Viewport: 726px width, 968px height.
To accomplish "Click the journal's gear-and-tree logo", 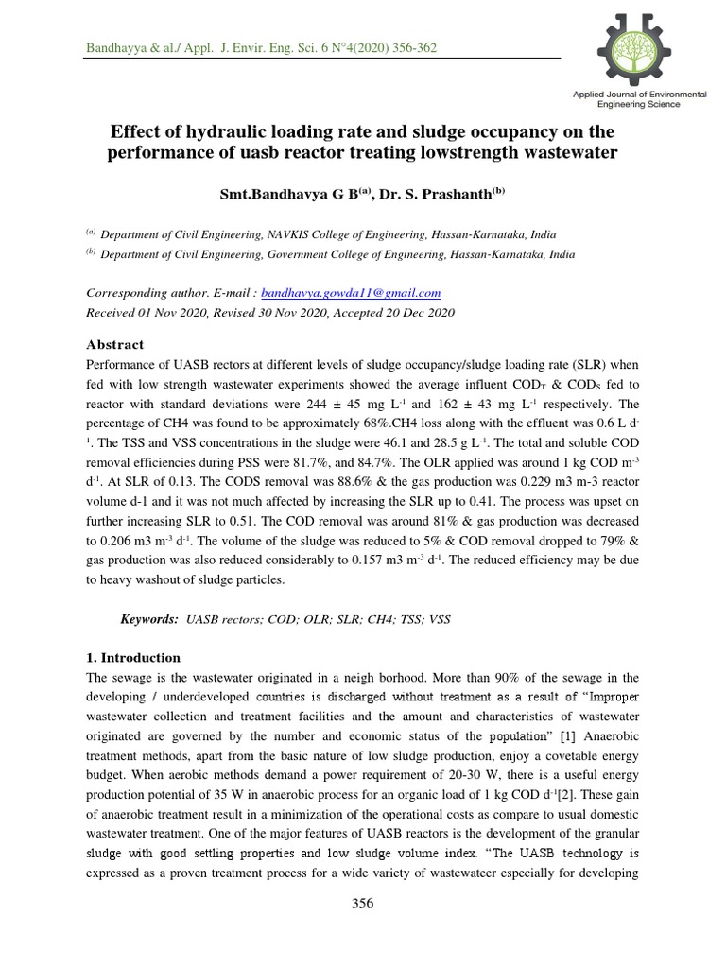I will [x=640, y=47].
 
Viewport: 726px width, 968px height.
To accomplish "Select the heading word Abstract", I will [x=116, y=345].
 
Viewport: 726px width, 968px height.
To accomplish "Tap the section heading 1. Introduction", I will [x=133, y=658].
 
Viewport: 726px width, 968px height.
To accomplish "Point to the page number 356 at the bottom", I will [x=363, y=903].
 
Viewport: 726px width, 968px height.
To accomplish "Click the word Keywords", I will [x=149, y=619].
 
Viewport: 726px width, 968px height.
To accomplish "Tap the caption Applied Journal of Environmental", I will [x=640, y=96].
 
